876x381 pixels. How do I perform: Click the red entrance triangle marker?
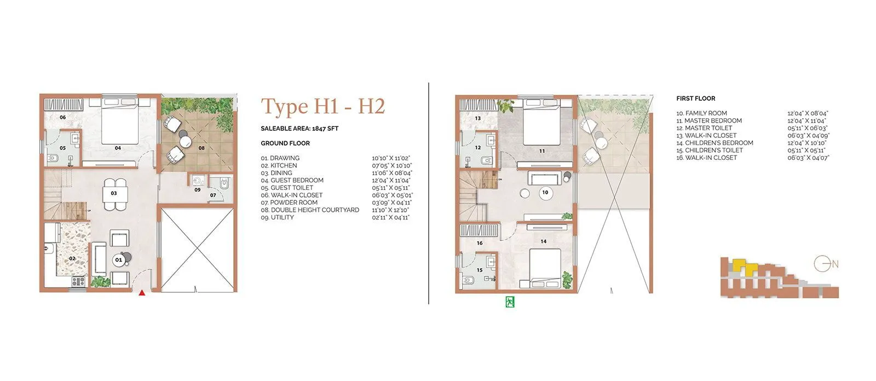tap(142, 293)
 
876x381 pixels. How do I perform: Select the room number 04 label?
tap(118, 148)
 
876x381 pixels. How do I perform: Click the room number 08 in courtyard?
tap(201, 148)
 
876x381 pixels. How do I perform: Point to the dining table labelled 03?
tap(114, 193)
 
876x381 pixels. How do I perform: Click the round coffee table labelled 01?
tap(118, 260)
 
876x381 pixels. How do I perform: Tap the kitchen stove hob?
tap(78, 282)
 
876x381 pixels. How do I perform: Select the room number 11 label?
tap(541, 151)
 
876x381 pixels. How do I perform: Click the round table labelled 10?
tap(545, 193)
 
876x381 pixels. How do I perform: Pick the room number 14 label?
tap(543, 241)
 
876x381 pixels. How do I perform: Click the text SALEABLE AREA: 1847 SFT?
tap(299, 129)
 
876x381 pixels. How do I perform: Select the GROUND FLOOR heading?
tap(285, 143)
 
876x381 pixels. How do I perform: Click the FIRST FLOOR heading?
tap(695, 99)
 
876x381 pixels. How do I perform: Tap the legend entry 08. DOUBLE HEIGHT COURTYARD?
tap(310, 210)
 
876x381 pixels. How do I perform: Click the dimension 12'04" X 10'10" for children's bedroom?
tap(807, 143)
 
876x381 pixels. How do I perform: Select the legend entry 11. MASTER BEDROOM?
tap(709, 120)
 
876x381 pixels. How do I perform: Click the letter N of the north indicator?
tap(835, 264)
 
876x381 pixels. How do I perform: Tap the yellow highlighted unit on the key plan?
tap(742, 265)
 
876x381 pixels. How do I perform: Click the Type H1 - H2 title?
tap(322, 106)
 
